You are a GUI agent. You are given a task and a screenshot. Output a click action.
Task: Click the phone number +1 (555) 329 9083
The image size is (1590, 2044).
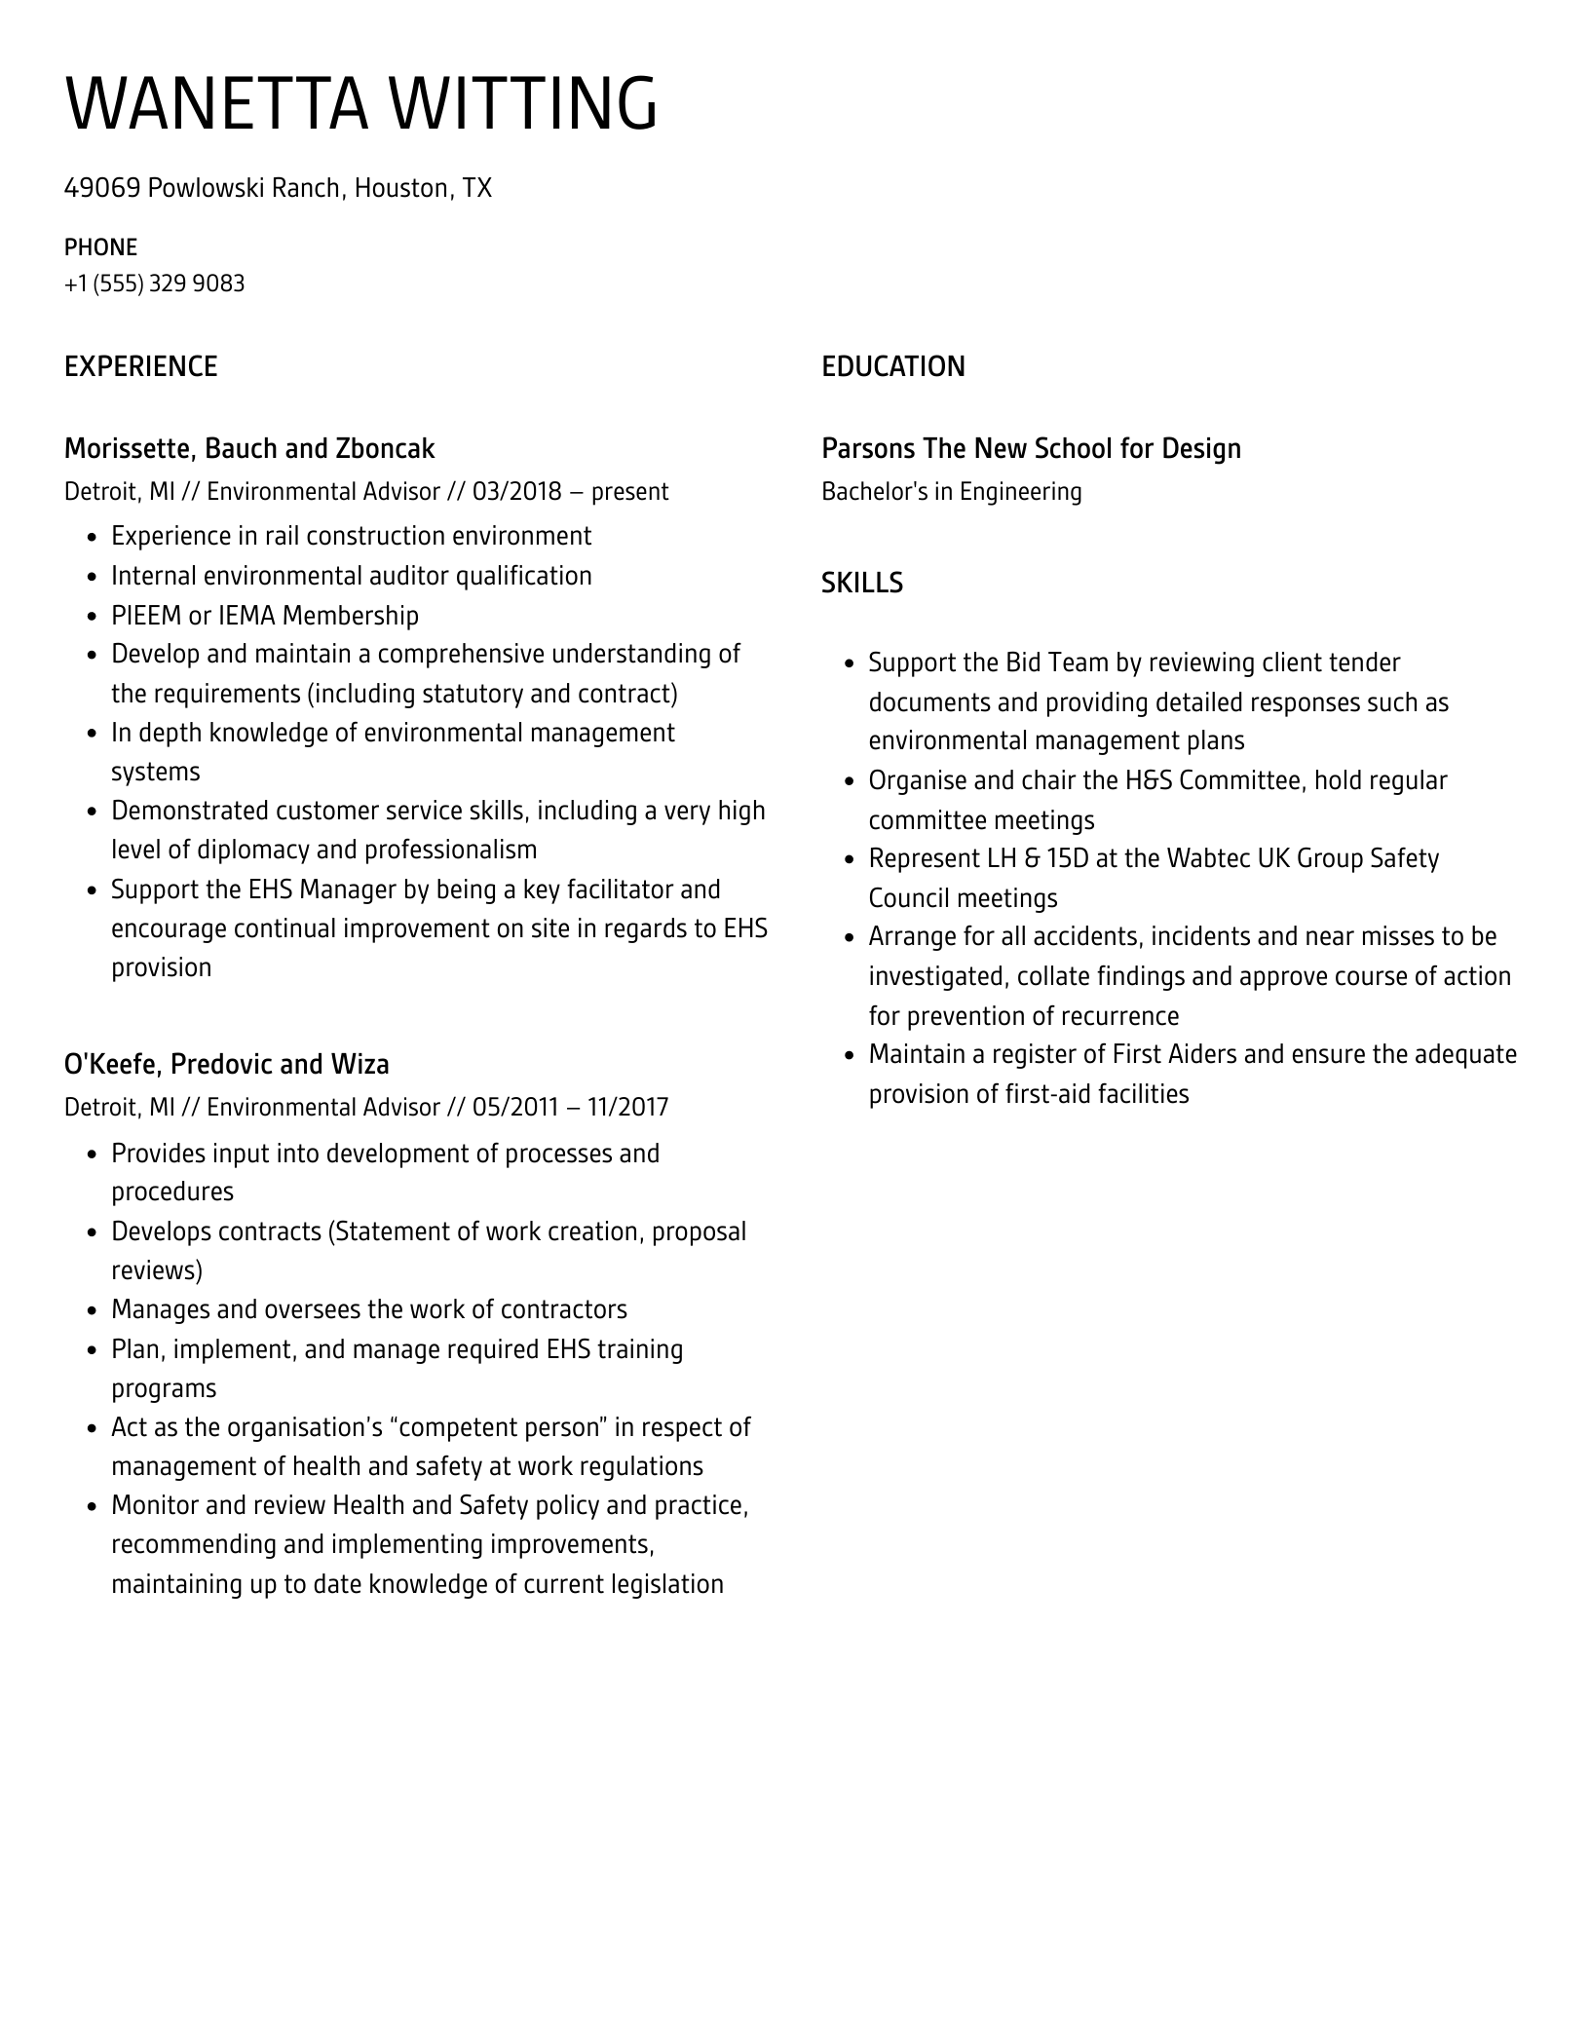tap(154, 284)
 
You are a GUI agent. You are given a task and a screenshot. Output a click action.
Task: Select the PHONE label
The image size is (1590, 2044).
tap(100, 247)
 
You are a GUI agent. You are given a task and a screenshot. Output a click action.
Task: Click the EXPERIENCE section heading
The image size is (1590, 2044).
tap(140, 366)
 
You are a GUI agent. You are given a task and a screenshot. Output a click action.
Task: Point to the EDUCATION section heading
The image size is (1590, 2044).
tap(892, 366)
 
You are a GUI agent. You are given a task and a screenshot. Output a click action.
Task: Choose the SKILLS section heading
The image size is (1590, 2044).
tap(861, 583)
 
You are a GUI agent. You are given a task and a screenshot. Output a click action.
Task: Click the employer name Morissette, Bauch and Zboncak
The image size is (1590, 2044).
tap(248, 448)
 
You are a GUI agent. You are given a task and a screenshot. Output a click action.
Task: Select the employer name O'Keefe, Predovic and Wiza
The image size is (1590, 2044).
tap(226, 1064)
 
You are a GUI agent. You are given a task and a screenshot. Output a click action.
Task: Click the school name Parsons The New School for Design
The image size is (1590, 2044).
tap(1031, 448)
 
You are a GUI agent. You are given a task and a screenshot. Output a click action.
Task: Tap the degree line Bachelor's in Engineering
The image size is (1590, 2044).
tap(951, 491)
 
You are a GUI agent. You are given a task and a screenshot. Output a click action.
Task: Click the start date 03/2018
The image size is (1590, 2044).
tap(516, 491)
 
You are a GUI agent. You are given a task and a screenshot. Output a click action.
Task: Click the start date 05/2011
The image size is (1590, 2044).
tap(515, 1107)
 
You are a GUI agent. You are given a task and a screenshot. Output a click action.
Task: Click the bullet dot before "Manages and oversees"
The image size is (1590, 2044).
tap(92, 1311)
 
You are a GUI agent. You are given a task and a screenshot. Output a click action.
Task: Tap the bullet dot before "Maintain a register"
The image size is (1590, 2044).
tap(849, 1056)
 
